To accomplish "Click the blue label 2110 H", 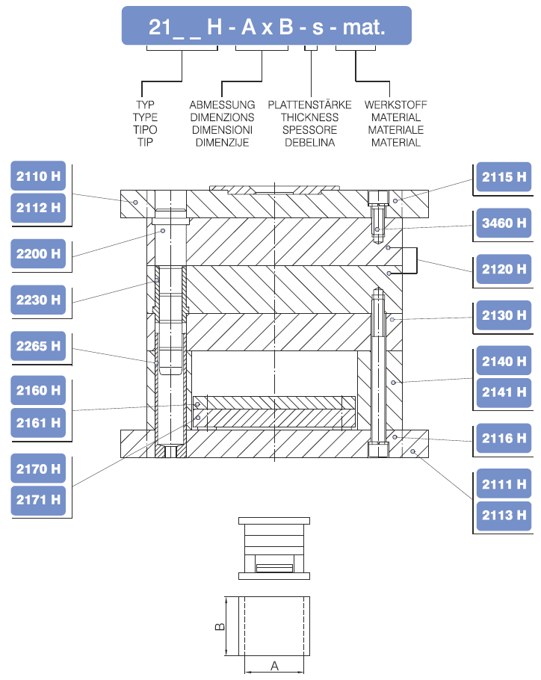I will pos(39,176).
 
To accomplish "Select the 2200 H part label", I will pos(39,253).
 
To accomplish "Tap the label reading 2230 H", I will pos(39,300).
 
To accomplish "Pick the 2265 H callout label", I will pos(39,346).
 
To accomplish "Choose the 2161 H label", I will pos(39,422).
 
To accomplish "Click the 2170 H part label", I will pos(39,469).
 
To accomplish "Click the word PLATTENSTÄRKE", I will pos(309,105).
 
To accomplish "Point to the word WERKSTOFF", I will pos(395,105).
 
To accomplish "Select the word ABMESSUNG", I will pos(222,105).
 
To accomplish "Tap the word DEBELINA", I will pos(309,142).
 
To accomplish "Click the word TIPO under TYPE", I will pos(145,129).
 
